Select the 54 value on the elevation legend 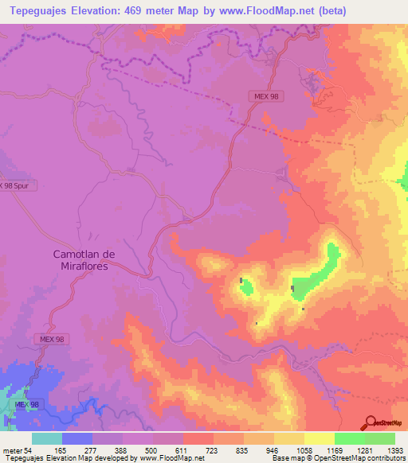pyautogui.click(x=27, y=450)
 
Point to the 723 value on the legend pyautogui.click(x=211, y=450)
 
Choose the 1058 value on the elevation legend pyautogui.click(x=304, y=450)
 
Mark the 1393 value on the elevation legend pyautogui.click(x=395, y=450)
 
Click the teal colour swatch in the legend pyautogui.click(x=46, y=438)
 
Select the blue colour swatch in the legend pyautogui.click(x=76, y=438)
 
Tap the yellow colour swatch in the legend pyautogui.click(x=319, y=438)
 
